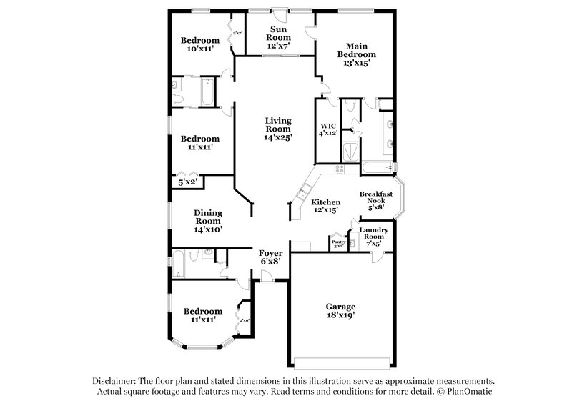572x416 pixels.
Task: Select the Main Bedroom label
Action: coord(356,49)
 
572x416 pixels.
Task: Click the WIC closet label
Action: coord(327,126)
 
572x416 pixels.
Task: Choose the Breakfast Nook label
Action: coord(377,198)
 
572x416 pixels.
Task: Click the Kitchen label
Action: coord(325,203)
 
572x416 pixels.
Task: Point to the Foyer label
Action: coord(271,253)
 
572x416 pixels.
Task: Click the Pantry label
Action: coord(337,242)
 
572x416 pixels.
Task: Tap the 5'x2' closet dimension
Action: coord(187,182)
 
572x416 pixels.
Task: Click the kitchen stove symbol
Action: coord(340,169)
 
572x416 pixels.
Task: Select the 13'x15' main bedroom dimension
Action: coord(356,64)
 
